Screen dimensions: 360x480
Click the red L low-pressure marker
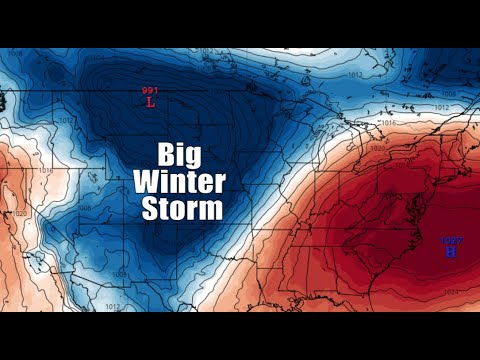tap(150, 102)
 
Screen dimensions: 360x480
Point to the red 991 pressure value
tap(150, 91)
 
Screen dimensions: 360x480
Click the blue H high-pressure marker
tap(450, 251)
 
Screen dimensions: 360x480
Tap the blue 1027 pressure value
tap(451, 240)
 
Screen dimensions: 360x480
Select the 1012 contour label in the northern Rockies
tap(38, 121)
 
